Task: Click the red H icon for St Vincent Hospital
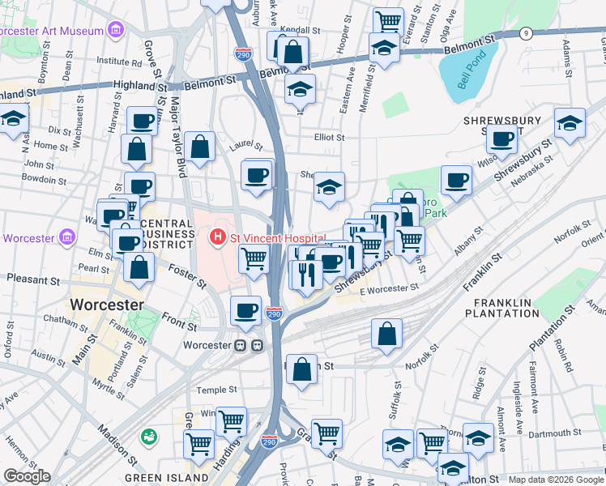click(x=217, y=237)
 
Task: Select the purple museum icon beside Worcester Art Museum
click(x=116, y=31)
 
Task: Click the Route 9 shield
click(x=526, y=33)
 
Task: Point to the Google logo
click(x=27, y=476)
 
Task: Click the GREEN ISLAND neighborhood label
click(x=157, y=477)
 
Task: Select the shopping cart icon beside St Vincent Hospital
click(x=254, y=259)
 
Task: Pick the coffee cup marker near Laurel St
click(x=258, y=175)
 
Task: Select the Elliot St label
click(x=329, y=138)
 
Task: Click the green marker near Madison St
click(x=148, y=437)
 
